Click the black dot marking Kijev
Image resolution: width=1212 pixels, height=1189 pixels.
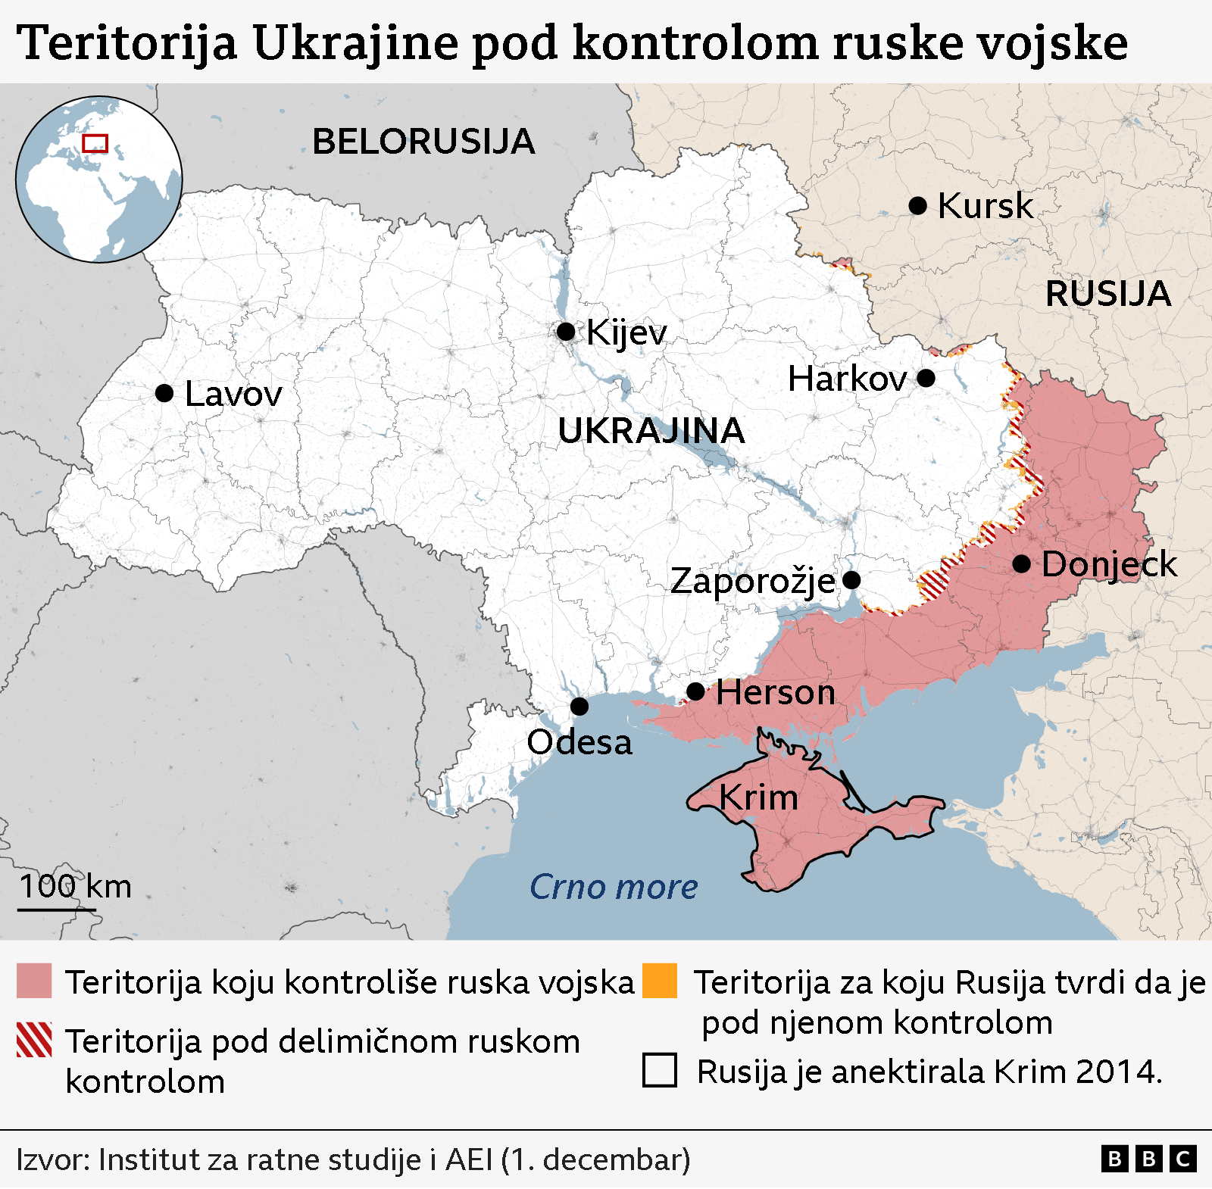tap(565, 331)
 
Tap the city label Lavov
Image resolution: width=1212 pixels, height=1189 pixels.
tap(233, 394)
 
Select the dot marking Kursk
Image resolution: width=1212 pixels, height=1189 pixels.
tap(917, 205)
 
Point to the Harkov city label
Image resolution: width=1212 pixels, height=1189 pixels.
tap(847, 379)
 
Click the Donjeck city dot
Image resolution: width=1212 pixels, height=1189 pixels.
tap(1021, 563)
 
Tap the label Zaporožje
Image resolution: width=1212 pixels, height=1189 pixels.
tap(753, 581)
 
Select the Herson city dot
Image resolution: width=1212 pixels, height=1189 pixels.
tap(695, 691)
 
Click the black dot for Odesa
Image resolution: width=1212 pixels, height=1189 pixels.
tap(579, 707)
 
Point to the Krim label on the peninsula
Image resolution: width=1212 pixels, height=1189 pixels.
tap(758, 797)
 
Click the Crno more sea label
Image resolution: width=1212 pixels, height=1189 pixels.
tap(614, 887)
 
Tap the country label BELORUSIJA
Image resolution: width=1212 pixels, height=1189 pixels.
tap(423, 142)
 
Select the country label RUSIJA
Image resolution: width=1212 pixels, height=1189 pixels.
tap(1107, 294)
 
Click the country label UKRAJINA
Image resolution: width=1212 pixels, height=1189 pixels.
tap(651, 431)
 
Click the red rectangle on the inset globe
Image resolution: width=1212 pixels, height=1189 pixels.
tap(95, 143)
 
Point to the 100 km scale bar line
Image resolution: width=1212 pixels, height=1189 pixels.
tap(57, 909)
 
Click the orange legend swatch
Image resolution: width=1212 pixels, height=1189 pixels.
tap(659, 981)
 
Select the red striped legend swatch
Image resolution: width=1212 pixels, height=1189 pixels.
tap(34, 1040)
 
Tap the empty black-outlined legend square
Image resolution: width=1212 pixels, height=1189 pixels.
tap(659, 1070)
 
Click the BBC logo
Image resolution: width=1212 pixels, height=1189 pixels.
tap(1148, 1159)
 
